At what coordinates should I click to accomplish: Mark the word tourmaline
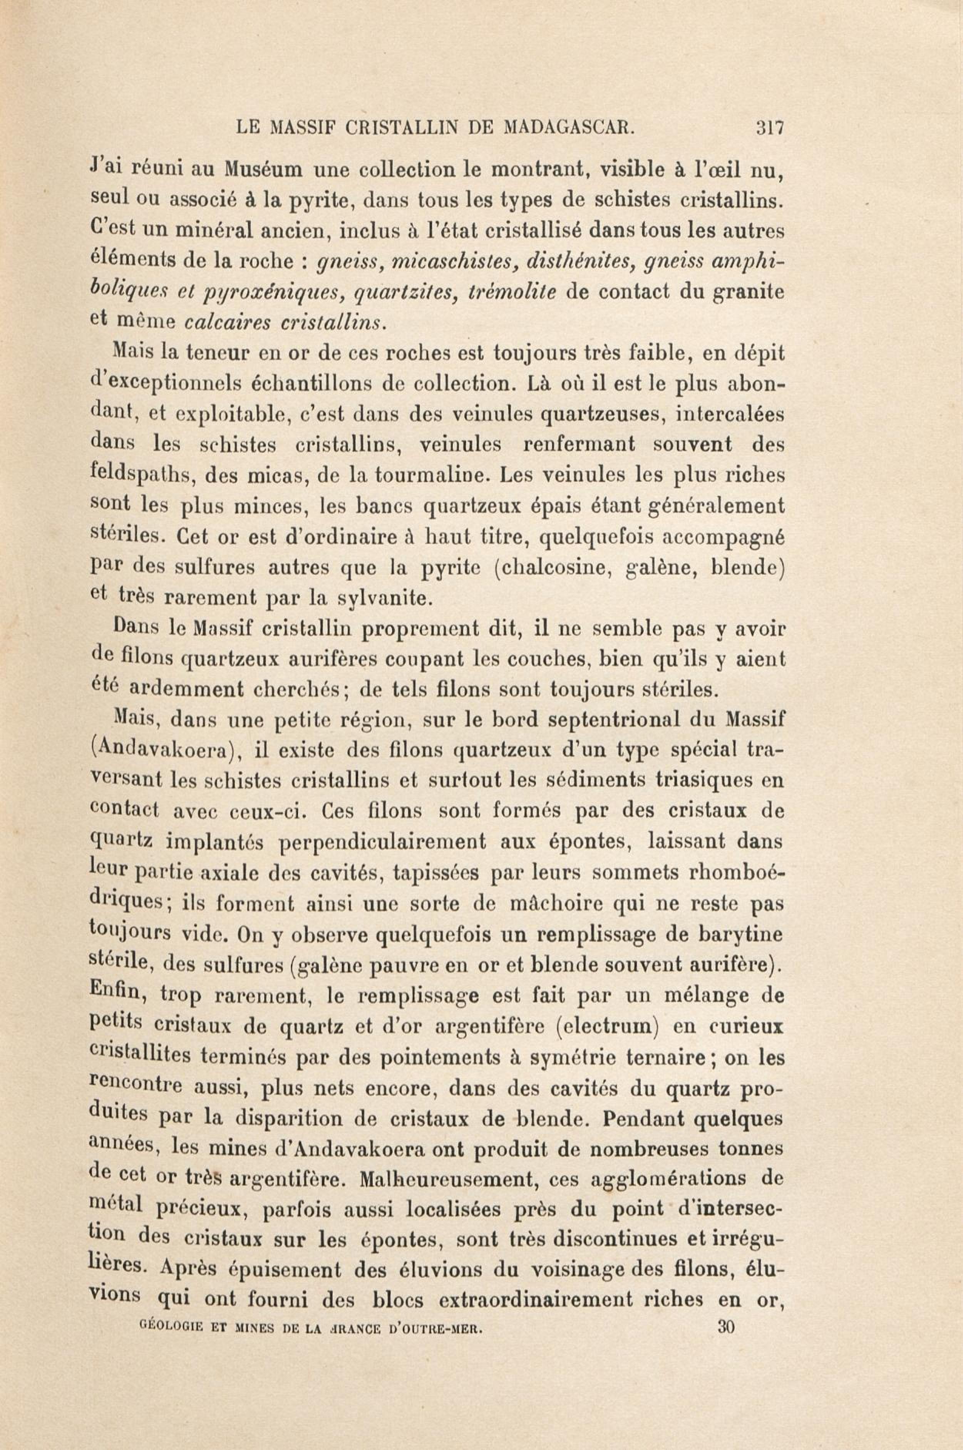click(x=419, y=476)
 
